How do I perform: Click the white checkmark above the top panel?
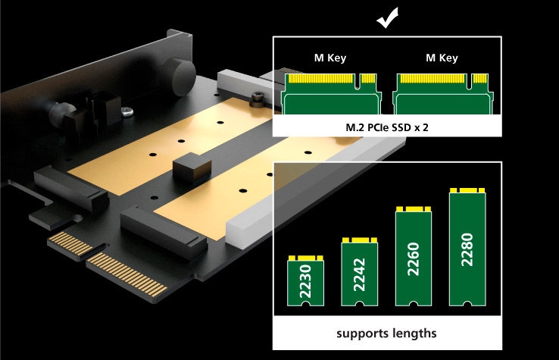[389, 17]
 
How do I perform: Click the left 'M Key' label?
[330, 58]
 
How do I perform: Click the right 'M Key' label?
[442, 58]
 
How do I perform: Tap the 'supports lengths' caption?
[386, 333]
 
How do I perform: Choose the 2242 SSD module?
[361, 272]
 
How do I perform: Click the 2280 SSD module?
[467, 246]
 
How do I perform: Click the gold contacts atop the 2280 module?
[467, 189]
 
